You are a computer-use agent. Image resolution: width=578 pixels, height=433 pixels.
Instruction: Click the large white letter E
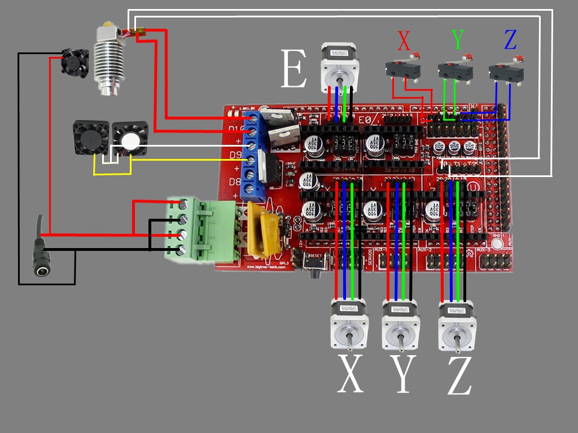coord(293,69)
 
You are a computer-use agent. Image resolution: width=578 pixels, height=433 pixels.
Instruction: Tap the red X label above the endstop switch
coord(404,41)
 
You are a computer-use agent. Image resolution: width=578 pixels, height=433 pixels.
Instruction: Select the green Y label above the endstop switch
coord(458,39)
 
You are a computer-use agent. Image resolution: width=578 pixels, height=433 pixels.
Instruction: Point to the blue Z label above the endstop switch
coord(510,39)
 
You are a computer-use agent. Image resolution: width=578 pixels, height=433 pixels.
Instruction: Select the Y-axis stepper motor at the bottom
coord(401,324)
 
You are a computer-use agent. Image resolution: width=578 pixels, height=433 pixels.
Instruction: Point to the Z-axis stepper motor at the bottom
coord(457,325)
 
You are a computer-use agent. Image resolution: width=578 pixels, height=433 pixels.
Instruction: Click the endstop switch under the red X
coord(401,70)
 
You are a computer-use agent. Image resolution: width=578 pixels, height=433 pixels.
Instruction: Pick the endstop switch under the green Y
coord(455,71)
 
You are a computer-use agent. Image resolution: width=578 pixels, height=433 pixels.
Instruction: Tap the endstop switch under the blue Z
coord(506,72)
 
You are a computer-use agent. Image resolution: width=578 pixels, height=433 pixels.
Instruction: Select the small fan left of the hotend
coord(76,63)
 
